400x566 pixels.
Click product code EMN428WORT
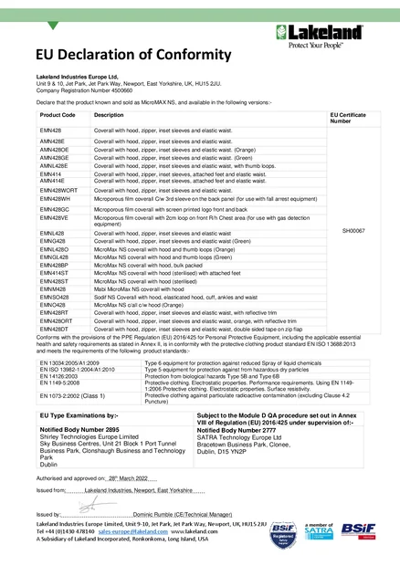(x=59, y=190)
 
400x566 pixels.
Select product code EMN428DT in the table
(x=54, y=329)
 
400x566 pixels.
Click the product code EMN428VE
(x=54, y=219)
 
